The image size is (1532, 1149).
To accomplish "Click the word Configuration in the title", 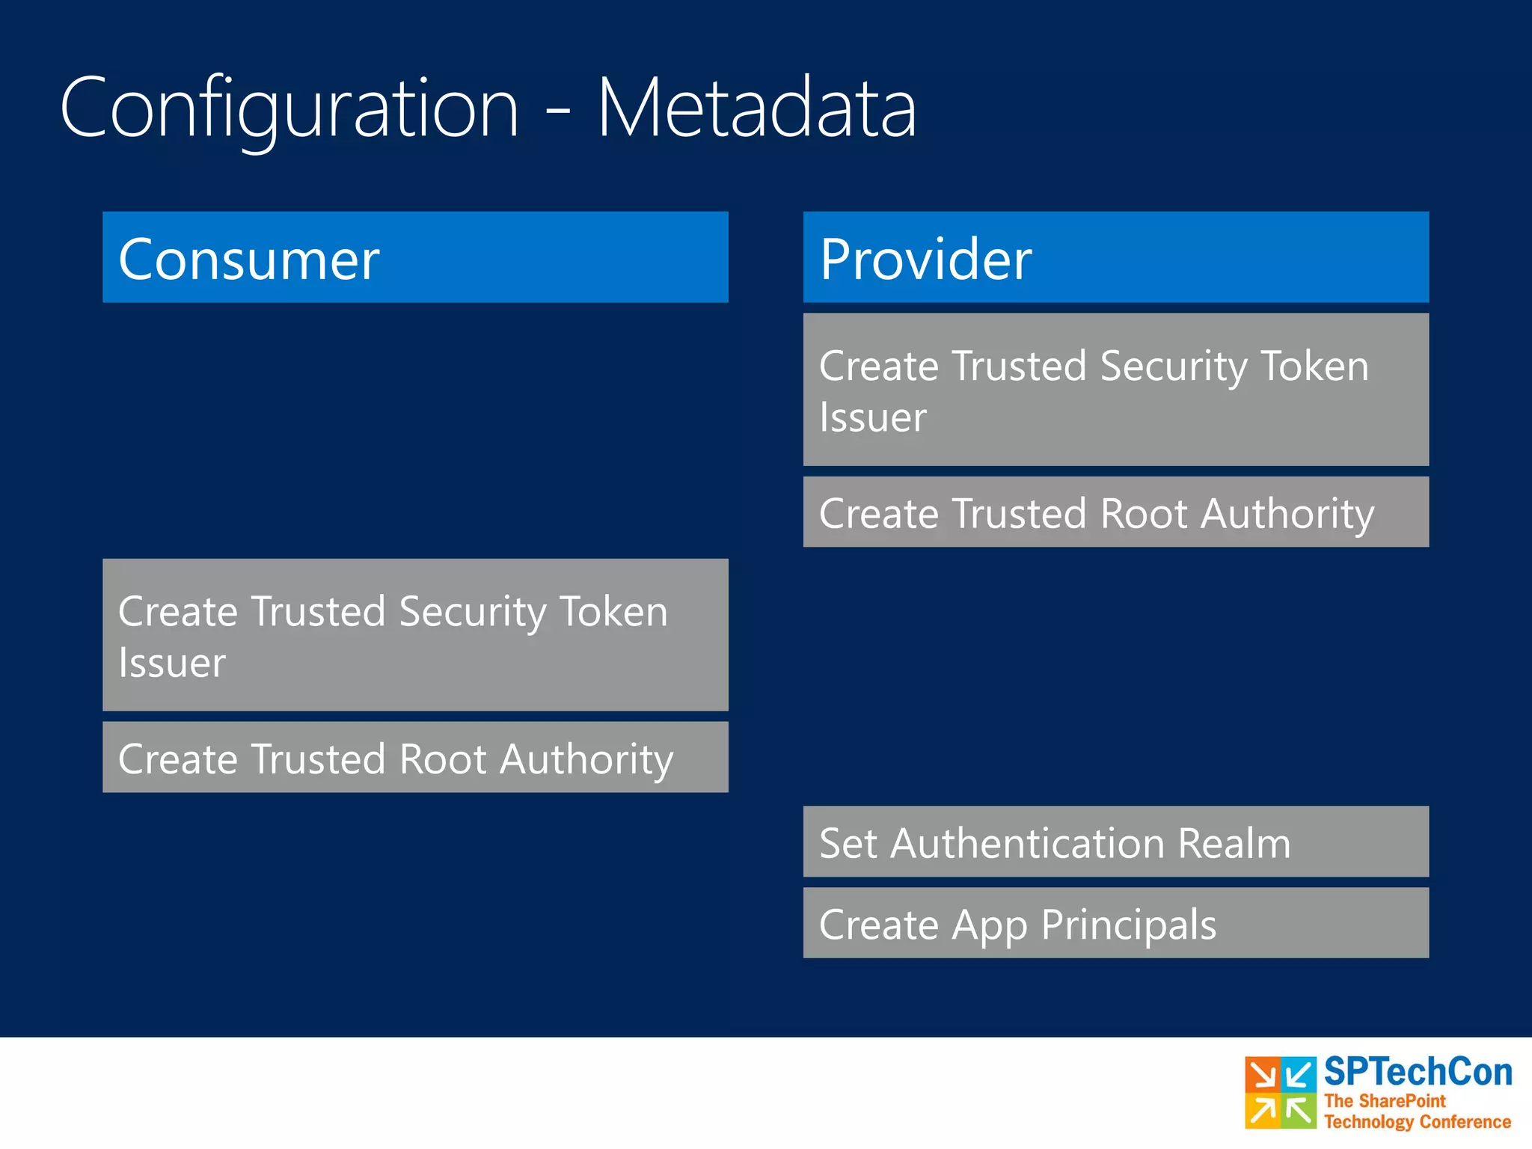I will (289, 108).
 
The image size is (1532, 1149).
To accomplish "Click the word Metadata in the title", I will (756, 108).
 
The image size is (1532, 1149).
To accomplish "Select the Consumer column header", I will (415, 257).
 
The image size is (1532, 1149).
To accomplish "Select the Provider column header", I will (1115, 257).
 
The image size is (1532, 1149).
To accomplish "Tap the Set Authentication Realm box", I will (1115, 842).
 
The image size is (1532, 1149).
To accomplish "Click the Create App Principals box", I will (1115, 923).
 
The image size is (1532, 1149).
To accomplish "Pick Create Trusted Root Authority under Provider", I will (1115, 512).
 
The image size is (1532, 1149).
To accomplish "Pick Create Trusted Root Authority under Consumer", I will (415, 757).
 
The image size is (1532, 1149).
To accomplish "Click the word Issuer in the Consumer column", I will (172, 663).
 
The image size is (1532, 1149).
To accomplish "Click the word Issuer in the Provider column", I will (872, 417).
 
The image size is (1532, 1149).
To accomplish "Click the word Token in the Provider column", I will (1314, 367).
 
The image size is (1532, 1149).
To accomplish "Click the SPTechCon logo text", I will (1418, 1072).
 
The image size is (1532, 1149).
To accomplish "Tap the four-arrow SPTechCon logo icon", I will (1280, 1093).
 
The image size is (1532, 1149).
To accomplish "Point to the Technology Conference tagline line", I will (1417, 1122).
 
